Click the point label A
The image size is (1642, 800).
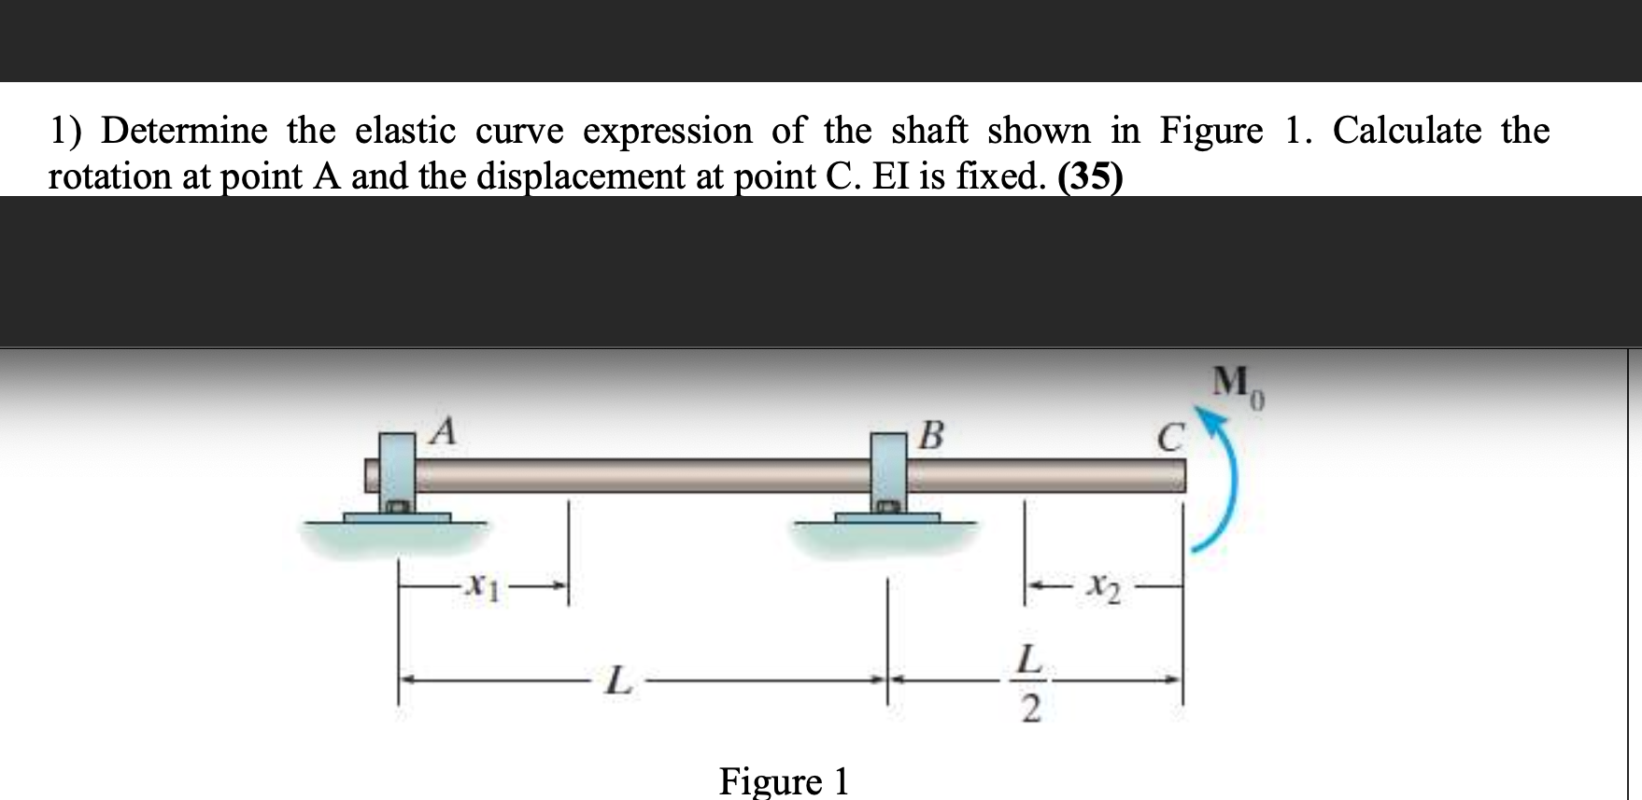click(x=446, y=431)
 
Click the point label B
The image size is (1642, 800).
click(x=930, y=435)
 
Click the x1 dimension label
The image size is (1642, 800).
click(x=482, y=586)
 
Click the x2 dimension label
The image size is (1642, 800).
click(x=1103, y=589)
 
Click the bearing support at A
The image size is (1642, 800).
click(x=397, y=476)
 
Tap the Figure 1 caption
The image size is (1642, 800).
click(x=784, y=780)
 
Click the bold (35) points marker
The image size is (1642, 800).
click(x=1090, y=175)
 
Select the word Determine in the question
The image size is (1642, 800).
click(x=184, y=130)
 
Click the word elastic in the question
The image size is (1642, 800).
click(x=405, y=130)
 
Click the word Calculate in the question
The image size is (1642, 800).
click(x=1407, y=130)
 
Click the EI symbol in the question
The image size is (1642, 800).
click(x=888, y=175)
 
